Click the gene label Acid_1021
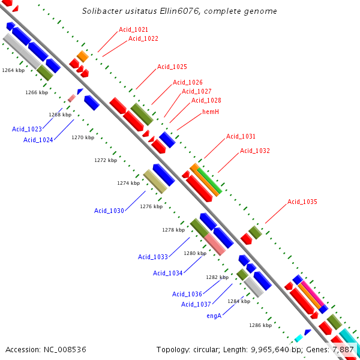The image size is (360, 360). pos(133,29)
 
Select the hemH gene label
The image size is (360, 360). pos(211,112)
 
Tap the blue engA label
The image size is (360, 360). pos(214,316)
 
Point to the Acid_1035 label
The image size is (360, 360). pos(302,202)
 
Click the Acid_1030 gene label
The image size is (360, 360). pos(109,211)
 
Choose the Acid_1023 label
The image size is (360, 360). pos(27,129)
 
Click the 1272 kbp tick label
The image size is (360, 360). pos(106,160)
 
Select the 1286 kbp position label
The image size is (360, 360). pos(260,325)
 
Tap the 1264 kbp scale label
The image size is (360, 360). pos(13,70)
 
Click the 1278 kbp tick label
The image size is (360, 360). pos(173,230)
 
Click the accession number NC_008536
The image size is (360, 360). pos(65,350)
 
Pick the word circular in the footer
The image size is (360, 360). pos(205,350)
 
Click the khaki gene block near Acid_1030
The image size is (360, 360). pos(155,181)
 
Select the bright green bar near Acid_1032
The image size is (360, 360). pos(209,181)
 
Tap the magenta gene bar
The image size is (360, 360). pos(313,293)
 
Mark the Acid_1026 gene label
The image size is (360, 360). pos(188,82)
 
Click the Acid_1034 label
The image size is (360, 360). pos(168,273)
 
